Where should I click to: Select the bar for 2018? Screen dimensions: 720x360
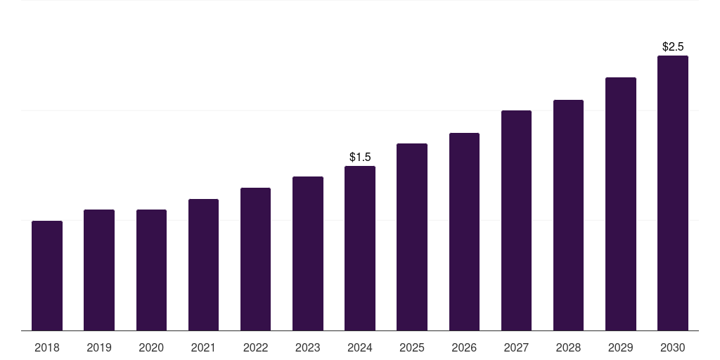click(x=47, y=276)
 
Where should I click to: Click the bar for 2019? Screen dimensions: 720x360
click(x=99, y=270)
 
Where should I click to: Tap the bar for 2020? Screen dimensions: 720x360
click(x=152, y=270)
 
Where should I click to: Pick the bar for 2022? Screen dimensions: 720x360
click(x=255, y=259)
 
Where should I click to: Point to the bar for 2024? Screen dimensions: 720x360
click(x=360, y=248)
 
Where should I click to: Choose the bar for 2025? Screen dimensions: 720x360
click(x=412, y=237)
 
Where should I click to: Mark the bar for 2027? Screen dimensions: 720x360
click(x=517, y=220)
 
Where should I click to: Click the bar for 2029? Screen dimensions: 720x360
click(x=621, y=204)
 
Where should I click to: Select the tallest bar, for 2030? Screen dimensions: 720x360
click(x=673, y=193)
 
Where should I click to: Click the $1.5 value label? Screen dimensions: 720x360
click(x=360, y=157)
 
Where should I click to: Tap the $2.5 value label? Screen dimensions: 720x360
click(x=673, y=46)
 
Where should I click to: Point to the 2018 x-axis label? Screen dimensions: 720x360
click(x=47, y=347)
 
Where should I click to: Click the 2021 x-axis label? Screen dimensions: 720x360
click(x=203, y=347)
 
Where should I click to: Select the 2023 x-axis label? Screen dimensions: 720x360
click(x=308, y=347)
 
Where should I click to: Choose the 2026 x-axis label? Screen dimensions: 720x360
click(x=464, y=347)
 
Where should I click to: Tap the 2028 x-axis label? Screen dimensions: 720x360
click(x=568, y=347)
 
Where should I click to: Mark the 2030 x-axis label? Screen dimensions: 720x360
click(x=673, y=347)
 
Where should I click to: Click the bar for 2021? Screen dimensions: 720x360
click(x=203, y=264)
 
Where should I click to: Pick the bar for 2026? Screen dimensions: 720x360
click(x=464, y=231)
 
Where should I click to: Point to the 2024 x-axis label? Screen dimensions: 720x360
click(x=360, y=347)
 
